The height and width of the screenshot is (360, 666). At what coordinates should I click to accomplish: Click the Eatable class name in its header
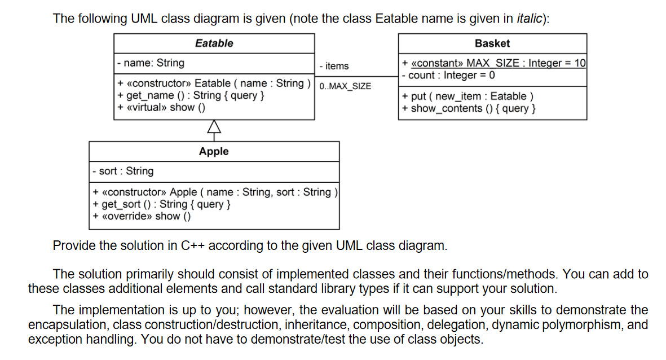coord(214,43)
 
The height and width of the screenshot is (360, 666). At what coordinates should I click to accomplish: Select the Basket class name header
coord(492,43)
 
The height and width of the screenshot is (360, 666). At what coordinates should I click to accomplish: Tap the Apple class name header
coord(214,151)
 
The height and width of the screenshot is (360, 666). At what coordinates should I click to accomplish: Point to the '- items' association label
coord(334,66)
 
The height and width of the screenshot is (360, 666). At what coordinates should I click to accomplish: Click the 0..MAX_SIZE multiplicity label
coord(345,86)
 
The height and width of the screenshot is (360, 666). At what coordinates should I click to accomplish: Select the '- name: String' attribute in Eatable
coord(151,63)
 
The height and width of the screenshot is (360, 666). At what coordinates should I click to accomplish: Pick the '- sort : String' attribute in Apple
coord(123,171)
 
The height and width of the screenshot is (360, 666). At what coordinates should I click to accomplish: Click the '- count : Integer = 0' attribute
coord(448,75)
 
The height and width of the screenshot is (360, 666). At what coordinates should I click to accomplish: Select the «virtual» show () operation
coord(161,107)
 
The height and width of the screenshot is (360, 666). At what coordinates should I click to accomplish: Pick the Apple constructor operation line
coord(215,192)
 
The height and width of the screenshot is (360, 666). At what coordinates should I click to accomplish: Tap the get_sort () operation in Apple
coord(161,204)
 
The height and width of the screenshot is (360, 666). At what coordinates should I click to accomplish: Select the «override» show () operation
coord(142,216)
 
